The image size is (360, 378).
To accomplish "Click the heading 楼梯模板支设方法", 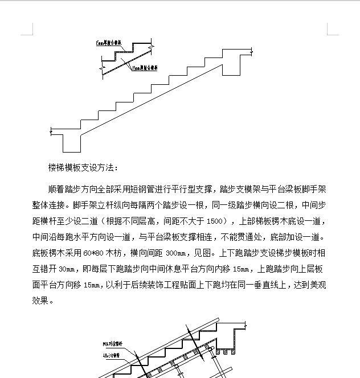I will click(84, 168).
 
